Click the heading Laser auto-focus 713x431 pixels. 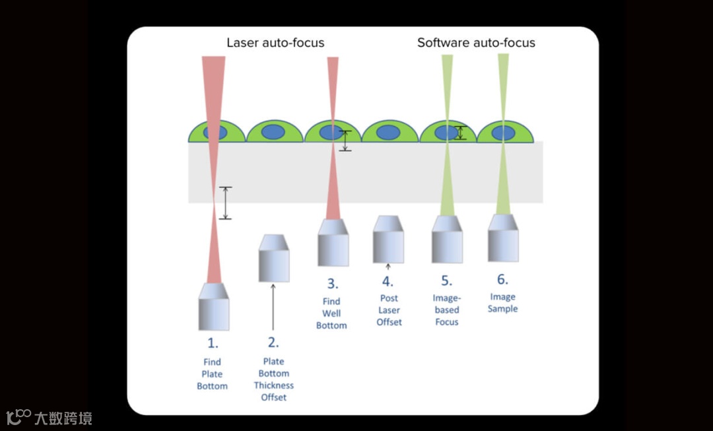coord(275,43)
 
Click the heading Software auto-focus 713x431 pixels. coord(476,43)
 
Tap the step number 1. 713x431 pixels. coord(213,343)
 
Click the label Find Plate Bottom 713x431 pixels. coord(213,374)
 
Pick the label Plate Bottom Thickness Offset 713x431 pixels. coord(273,380)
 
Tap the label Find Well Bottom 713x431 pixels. coord(331,314)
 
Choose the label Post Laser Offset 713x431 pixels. coord(389,310)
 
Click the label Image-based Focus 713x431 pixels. coord(447,310)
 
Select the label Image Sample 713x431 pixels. coord(502,303)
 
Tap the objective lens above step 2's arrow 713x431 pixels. coord(273,258)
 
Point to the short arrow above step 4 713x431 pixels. coord(389,267)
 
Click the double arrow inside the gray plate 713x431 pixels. coord(226,203)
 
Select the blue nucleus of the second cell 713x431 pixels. coord(273,132)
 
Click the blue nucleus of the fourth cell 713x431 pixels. coord(389,132)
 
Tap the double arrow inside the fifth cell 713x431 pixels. coord(461,133)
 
